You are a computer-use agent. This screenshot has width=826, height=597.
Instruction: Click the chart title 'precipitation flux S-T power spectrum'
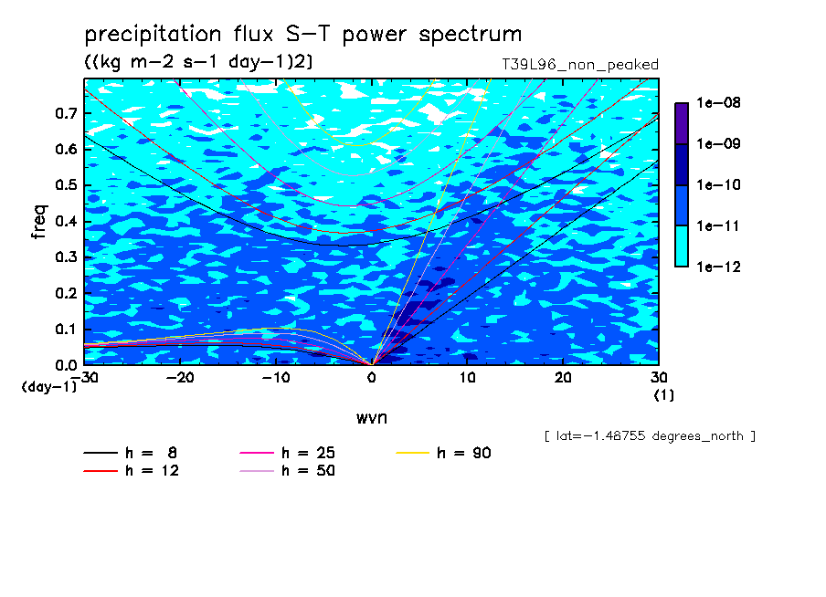[x=303, y=35]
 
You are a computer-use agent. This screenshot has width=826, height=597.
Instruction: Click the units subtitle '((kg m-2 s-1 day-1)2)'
[x=198, y=62]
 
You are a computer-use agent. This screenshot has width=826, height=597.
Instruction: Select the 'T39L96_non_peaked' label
[x=580, y=65]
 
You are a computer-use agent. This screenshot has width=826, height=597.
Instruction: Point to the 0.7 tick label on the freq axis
[x=67, y=113]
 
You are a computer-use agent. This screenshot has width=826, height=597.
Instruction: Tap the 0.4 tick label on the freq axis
[x=67, y=221]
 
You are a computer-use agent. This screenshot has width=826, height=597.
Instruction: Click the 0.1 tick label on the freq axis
[x=67, y=329]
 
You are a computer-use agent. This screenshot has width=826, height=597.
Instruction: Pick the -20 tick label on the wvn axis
[x=180, y=378]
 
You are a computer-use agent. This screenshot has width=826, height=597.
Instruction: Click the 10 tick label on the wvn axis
[x=467, y=378]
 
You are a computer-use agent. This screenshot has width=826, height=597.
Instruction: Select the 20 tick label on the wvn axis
[x=563, y=378]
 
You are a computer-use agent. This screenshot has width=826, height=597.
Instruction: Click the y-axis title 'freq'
[x=39, y=222]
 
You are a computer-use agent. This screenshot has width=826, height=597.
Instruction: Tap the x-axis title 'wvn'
[x=372, y=418]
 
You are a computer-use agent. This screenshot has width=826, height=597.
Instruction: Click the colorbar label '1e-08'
[x=718, y=102]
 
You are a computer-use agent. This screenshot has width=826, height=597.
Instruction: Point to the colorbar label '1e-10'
[x=718, y=184]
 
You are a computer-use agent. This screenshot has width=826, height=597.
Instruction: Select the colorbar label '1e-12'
[x=718, y=267]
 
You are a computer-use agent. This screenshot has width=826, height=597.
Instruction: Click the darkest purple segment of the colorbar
[x=682, y=123]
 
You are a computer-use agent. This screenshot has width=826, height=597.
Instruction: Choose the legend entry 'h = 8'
[x=131, y=453]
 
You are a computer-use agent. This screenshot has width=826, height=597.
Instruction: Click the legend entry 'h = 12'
[x=132, y=470]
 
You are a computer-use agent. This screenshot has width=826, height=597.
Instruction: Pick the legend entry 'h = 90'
[x=443, y=453]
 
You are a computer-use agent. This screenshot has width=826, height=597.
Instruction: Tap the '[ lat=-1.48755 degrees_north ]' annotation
[x=650, y=436]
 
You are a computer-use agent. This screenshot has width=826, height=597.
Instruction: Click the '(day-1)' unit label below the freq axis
[x=49, y=387]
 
